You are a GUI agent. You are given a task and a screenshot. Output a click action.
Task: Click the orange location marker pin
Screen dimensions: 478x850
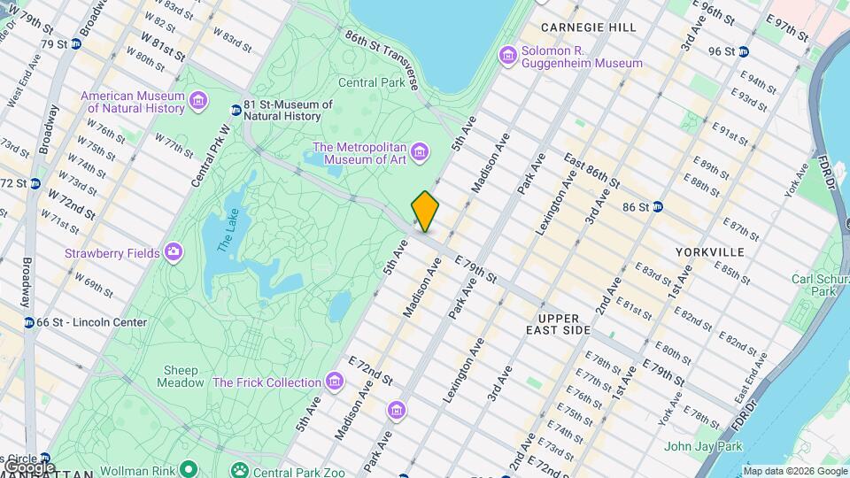click(426, 211)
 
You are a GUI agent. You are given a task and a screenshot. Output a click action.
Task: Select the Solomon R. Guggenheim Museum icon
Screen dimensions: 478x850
click(508, 55)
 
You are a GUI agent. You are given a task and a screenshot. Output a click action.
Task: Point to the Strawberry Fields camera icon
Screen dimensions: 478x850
click(173, 253)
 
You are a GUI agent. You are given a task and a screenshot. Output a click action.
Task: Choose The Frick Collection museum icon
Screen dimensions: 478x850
click(334, 382)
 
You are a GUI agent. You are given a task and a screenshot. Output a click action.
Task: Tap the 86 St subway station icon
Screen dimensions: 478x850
click(657, 207)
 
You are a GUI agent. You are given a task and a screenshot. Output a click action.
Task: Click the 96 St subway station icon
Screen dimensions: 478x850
click(743, 51)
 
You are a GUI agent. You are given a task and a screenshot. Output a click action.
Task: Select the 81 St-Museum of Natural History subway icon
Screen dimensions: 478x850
click(236, 110)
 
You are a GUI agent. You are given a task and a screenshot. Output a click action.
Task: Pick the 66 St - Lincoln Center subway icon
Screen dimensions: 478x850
click(29, 322)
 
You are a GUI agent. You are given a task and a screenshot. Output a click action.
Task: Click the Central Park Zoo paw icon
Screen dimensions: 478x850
click(238, 470)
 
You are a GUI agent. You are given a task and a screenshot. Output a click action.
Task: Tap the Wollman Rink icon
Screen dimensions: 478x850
click(188, 469)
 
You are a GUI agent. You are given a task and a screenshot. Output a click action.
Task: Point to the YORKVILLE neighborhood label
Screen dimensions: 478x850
click(709, 252)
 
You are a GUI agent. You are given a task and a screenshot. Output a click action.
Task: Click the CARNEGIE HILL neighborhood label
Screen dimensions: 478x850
click(588, 27)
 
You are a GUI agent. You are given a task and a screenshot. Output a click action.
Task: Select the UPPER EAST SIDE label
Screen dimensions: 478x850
click(564, 324)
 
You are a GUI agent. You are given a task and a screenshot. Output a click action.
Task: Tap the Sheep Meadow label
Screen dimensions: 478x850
click(182, 376)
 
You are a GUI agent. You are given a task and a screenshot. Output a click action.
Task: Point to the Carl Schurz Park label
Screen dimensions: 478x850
click(814, 284)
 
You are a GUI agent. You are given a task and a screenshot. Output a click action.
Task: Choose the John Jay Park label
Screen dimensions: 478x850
click(704, 446)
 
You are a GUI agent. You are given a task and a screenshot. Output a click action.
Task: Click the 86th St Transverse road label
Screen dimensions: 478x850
click(382, 60)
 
